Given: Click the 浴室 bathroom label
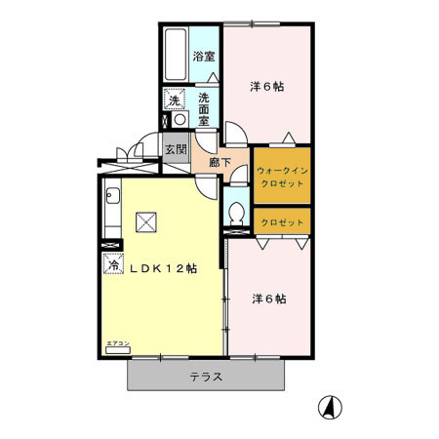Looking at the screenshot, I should [x=203, y=57].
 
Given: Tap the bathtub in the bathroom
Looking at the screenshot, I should [x=177, y=57].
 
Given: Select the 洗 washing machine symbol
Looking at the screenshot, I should [x=173, y=100].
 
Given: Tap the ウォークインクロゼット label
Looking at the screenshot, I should [x=282, y=175].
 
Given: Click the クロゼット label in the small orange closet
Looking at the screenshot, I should [x=282, y=222].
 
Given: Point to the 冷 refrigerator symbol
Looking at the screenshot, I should [x=113, y=262].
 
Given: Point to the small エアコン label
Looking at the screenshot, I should [x=116, y=343].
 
